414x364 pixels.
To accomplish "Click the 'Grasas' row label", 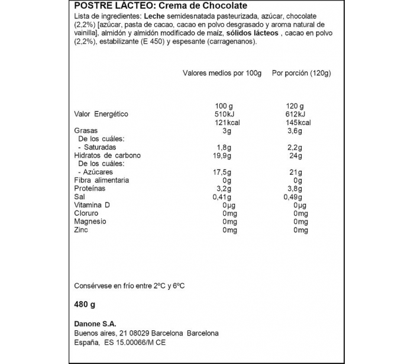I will (86, 130).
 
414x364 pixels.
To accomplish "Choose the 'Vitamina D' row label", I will (92, 205).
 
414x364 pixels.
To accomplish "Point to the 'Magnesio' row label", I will (90, 222).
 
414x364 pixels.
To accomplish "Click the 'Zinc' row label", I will (81, 230).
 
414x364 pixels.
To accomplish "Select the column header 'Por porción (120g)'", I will (300, 73).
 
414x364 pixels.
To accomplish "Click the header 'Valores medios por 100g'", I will (221, 73).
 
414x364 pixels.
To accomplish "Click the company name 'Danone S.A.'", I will (95, 323).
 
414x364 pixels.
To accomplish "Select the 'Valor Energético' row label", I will (101, 114).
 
